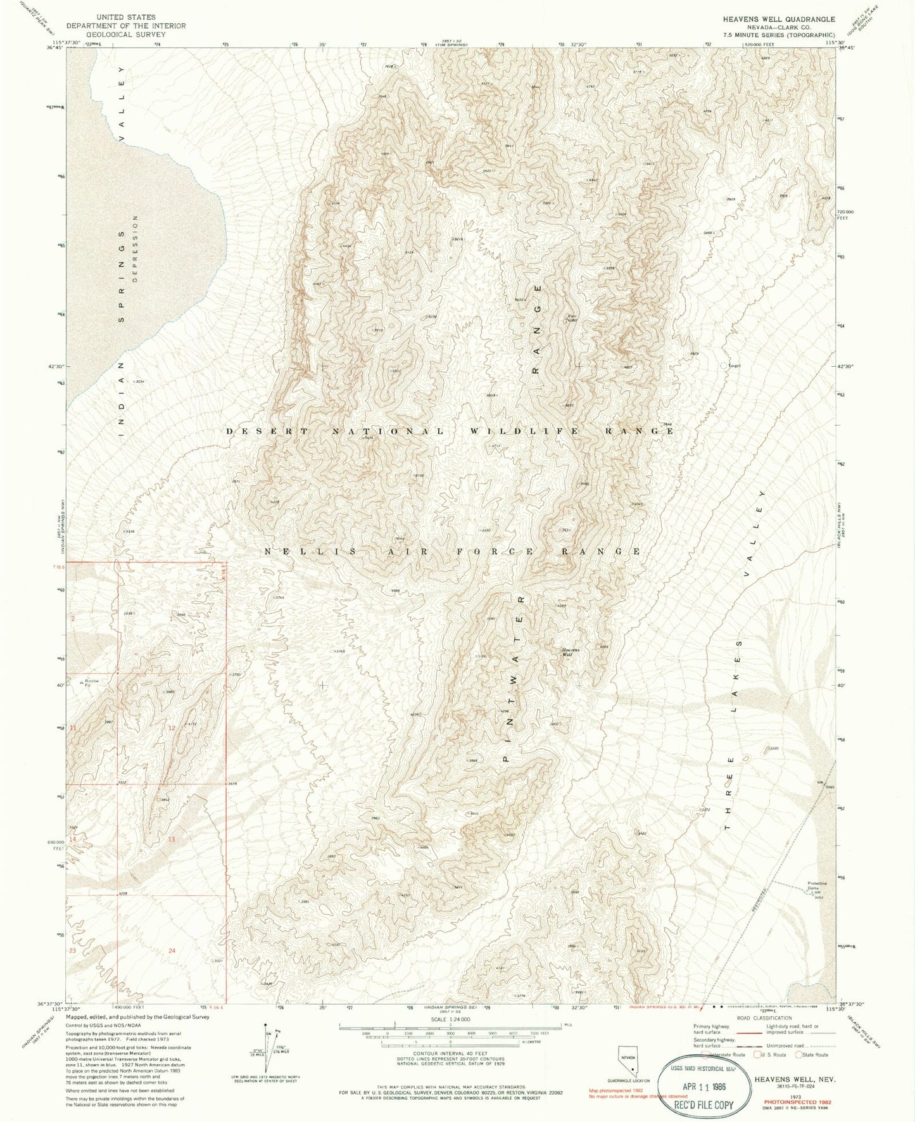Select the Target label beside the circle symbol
coord(735,366)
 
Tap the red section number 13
coord(171,839)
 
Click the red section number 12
coord(172,729)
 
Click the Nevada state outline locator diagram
coord(626,1057)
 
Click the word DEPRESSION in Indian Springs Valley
coord(135,248)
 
